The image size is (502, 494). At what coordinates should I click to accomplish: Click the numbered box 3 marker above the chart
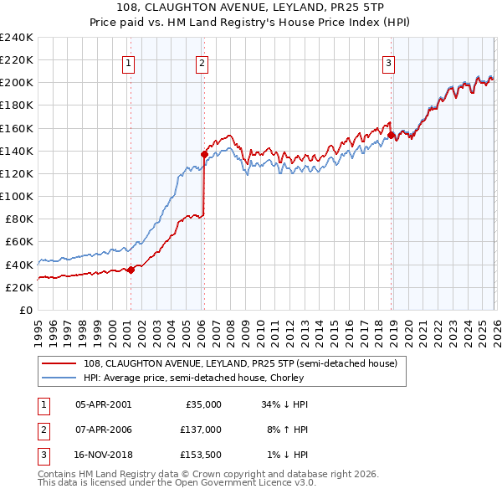pos(390,61)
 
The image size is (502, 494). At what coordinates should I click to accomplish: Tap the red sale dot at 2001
pos(131,270)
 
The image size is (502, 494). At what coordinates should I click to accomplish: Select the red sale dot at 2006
pos(204,154)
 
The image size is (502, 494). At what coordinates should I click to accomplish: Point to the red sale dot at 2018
pos(391,135)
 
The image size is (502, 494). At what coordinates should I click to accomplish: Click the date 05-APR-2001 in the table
pos(103,404)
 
